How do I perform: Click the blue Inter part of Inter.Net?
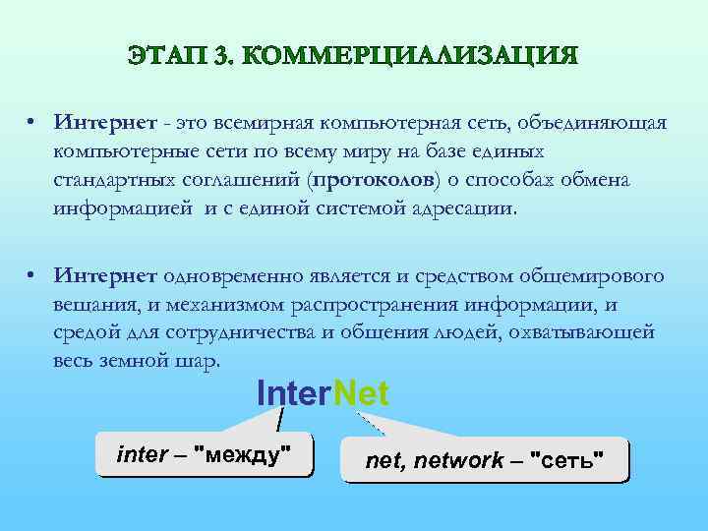pyautogui.click(x=291, y=394)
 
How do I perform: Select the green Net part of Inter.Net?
pyautogui.click(x=362, y=394)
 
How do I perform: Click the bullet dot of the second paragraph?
pyautogui.click(x=32, y=277)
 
